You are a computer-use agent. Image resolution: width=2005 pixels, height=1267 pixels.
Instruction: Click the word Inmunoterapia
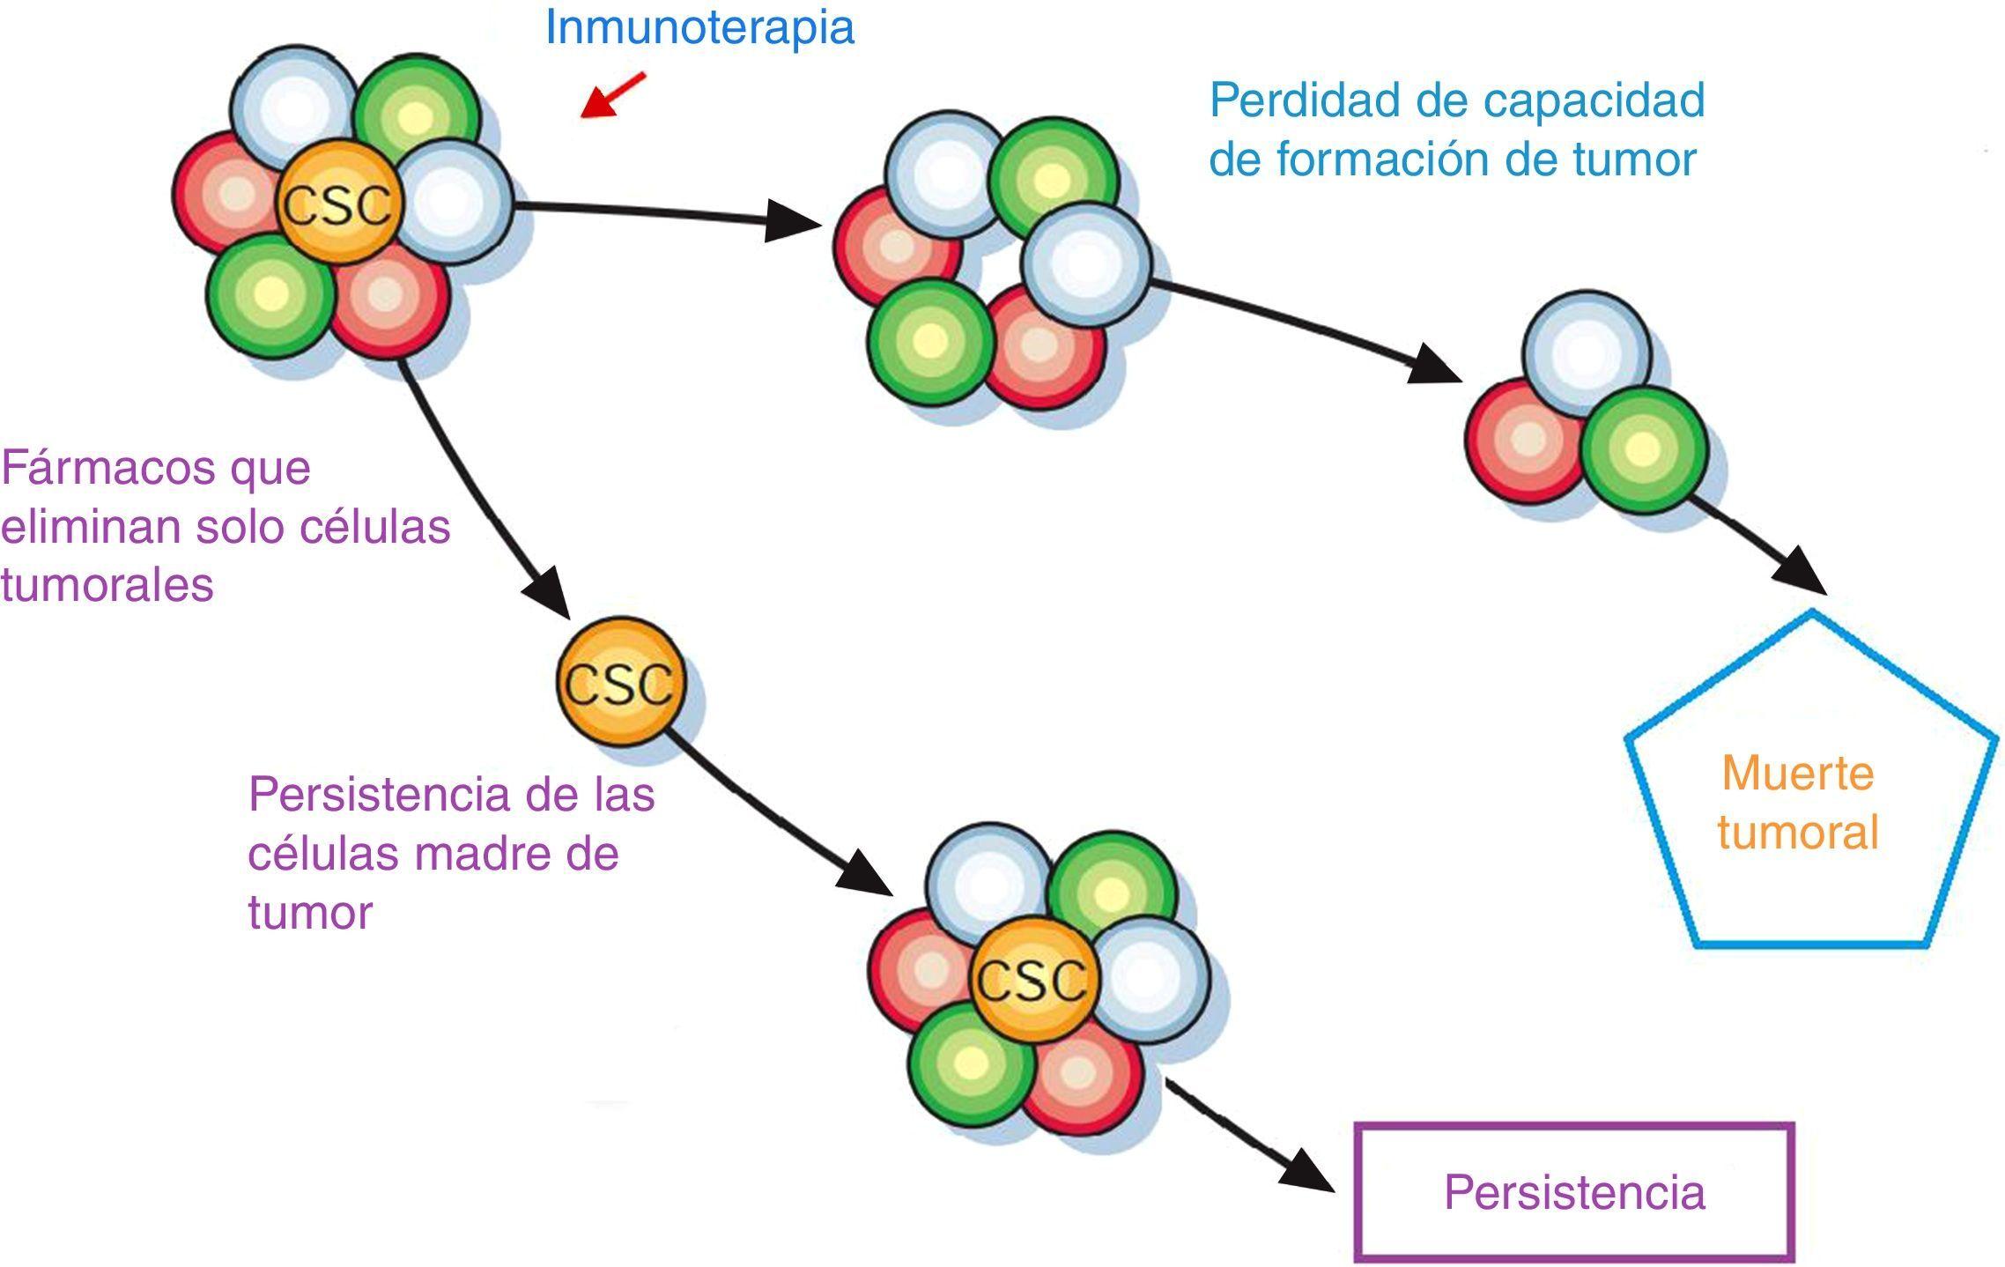[x=699, y=27]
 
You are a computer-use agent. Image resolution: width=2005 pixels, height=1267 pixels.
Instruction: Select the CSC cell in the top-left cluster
[x=336, y=204]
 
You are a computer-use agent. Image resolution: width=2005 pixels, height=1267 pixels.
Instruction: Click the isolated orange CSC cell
[x=620, y=681]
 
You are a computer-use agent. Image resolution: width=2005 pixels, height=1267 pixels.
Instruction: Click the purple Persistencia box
[x=1573, y=1191]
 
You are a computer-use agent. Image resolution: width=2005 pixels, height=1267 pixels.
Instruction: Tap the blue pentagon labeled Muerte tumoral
[x=1809, y=793]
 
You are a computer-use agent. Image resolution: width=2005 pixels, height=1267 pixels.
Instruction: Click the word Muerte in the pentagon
[x=1797, y=774]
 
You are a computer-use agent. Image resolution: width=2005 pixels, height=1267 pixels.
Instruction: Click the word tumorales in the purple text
[x=107, y=584]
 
